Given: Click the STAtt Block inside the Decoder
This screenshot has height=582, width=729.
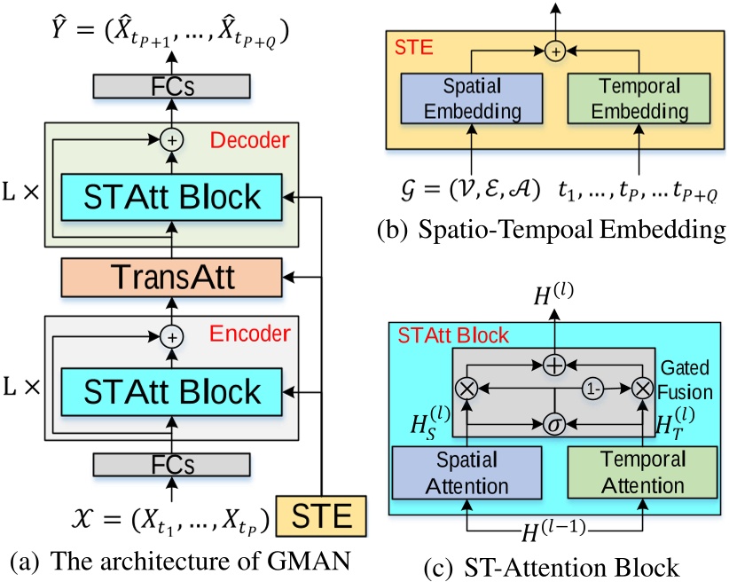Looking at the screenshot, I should pos(172,197).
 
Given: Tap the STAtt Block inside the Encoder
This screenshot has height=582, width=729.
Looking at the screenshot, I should pos(172,391).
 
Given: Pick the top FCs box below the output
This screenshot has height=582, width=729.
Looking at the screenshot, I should pos(172,85).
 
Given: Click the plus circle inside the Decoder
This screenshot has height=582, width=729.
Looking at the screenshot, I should pos(172,139).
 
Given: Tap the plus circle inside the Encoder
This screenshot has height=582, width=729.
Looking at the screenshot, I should pos(172,335).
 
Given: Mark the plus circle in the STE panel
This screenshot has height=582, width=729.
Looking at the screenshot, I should pos(555,52).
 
